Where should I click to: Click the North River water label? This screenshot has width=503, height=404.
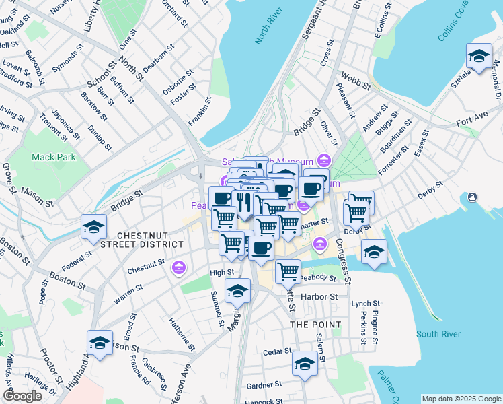click(x=266, y=29)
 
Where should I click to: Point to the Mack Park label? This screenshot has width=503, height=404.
click(x=54, y=157)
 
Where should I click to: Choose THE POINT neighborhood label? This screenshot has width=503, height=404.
click(x=311, y=324)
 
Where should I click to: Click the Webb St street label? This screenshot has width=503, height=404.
click(x=355, y=81)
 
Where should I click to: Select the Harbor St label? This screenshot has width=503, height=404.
click(x=319, y=296)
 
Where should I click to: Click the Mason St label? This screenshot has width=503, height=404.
click(x=36, y=196)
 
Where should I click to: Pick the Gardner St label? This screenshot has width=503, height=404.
click(x=264, y=385)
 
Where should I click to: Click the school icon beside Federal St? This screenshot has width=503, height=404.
click(x=93, y=227)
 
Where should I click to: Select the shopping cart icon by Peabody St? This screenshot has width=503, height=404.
click(x=288, y=271)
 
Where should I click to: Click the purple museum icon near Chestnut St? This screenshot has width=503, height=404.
click(x=179, y=268)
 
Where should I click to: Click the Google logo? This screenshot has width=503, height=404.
click(x=22, y=395)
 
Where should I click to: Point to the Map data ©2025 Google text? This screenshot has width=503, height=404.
click(x=461, y=399)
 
